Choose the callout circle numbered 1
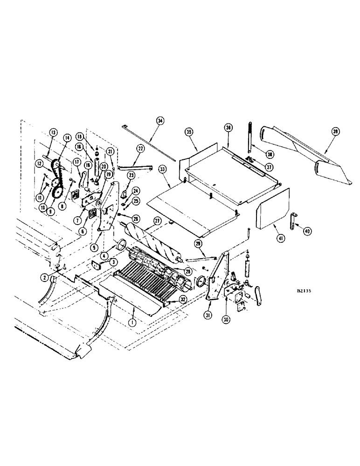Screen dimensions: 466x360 pos(133,322)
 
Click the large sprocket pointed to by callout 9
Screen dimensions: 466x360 pos(58,192)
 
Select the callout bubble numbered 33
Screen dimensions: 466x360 pos(164,168)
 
